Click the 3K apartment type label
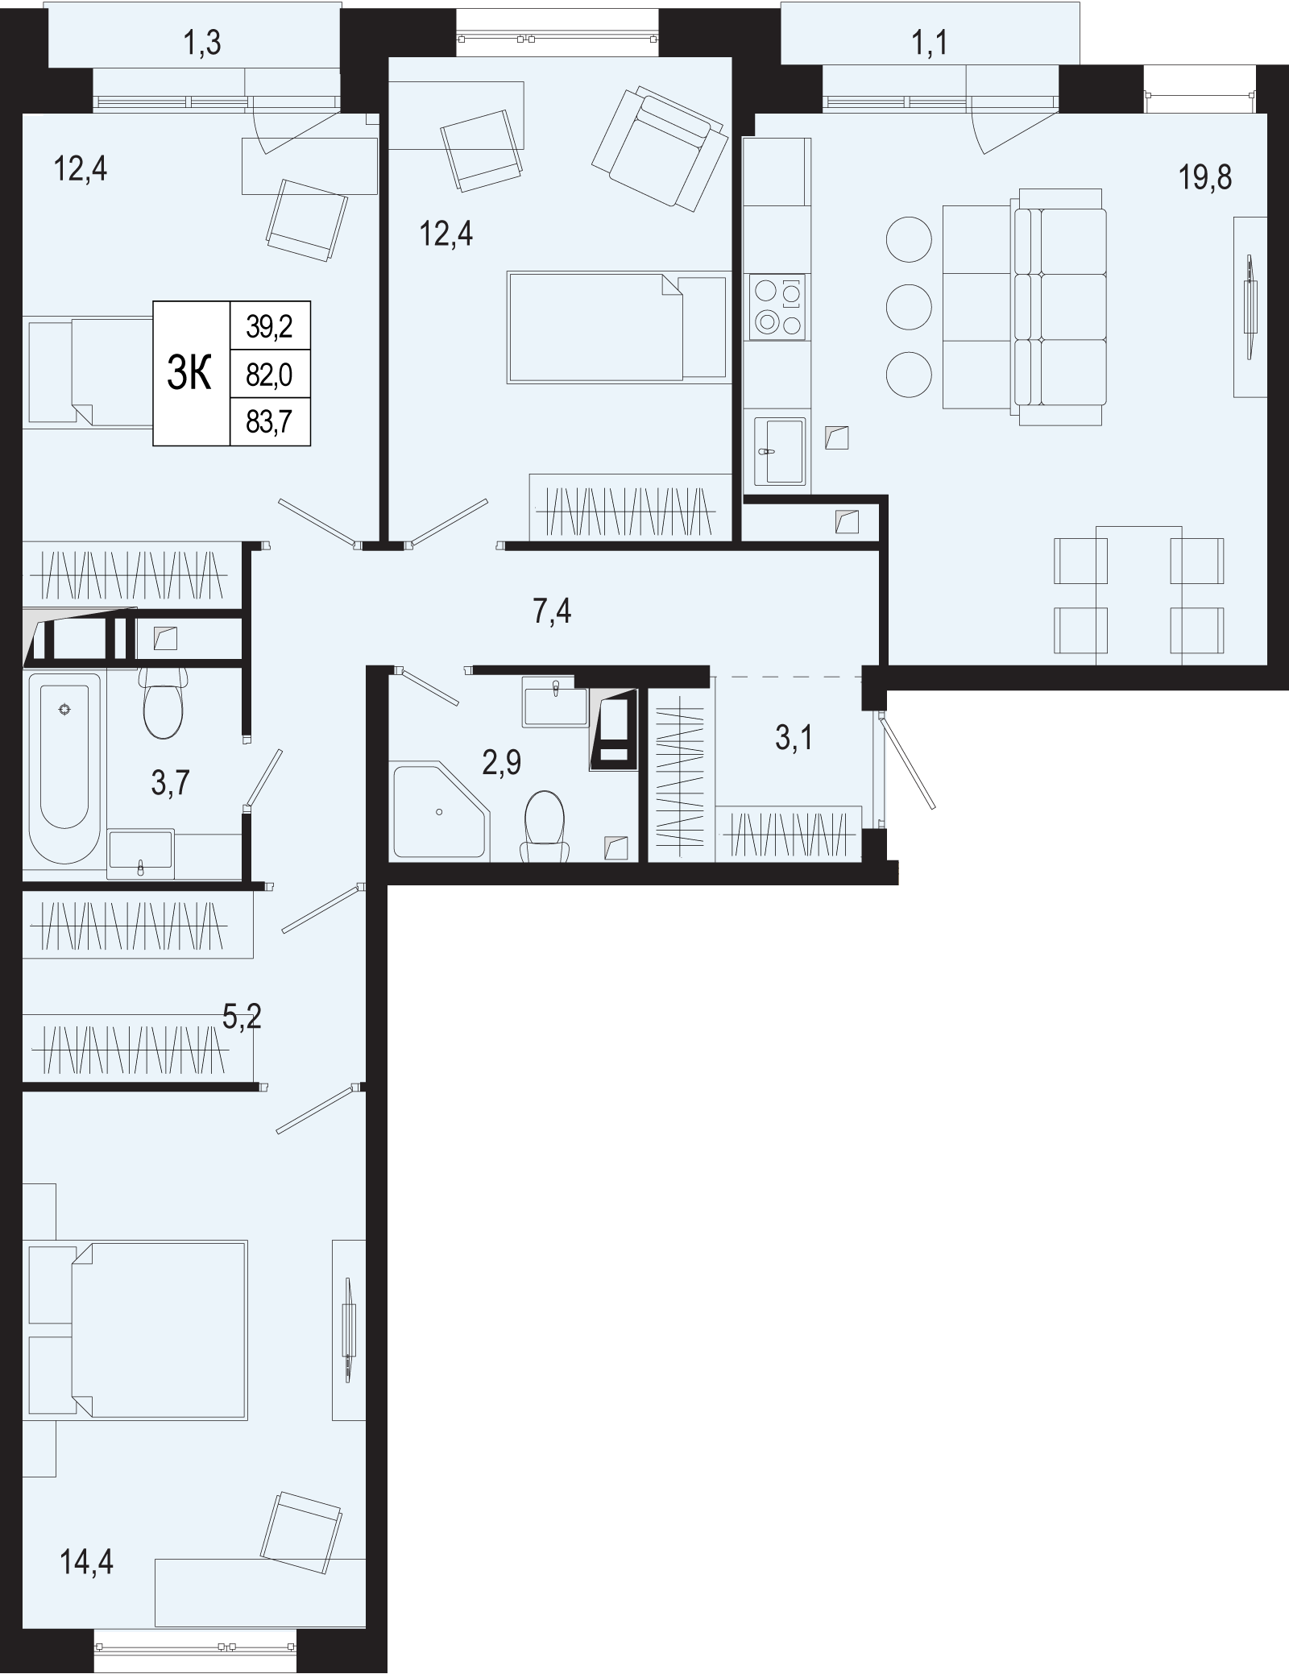[189, 374]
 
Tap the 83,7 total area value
[269, 422]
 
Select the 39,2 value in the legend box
[269, 326]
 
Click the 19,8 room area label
[1206, 176]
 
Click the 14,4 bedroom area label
[86, 1563]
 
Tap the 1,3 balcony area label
[201, 44]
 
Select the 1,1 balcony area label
[930, 43]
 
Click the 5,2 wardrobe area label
[242, 1018]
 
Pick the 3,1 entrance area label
[794, 738]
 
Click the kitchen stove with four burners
[777, 307]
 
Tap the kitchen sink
[779, 451]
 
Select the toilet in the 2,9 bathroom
[545, 825]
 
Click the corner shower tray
[441, 811]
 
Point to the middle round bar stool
[909, 307]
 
